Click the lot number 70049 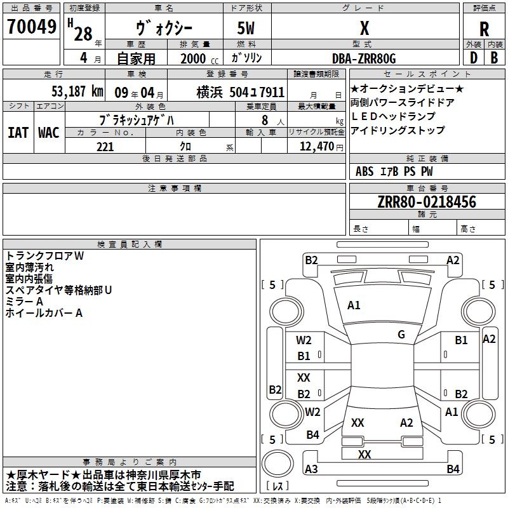(x=32, y=27)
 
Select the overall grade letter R (x=484, y=29)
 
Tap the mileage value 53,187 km (x=77, y=91)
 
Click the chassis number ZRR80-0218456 (x=427, y=201)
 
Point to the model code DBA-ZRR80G (x=364, y=58)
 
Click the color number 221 (x=105, y=147)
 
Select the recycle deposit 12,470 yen (x=321, y=147)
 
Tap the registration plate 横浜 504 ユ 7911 (x=241, y=92)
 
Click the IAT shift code (x=18, y=133)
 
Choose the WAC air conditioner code (x=49, y=133)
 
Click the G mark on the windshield (x=401, y=335)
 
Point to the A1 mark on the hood (x=354, y=305)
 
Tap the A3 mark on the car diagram (x=311, y=469)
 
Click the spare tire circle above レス (x=277, y=464)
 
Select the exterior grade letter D (x=474, y=58)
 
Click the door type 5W (x=246, y=28)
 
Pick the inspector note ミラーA (x=24, y=302)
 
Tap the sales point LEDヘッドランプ (x=393, y=116)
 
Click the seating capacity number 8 (x=265, y=120)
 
